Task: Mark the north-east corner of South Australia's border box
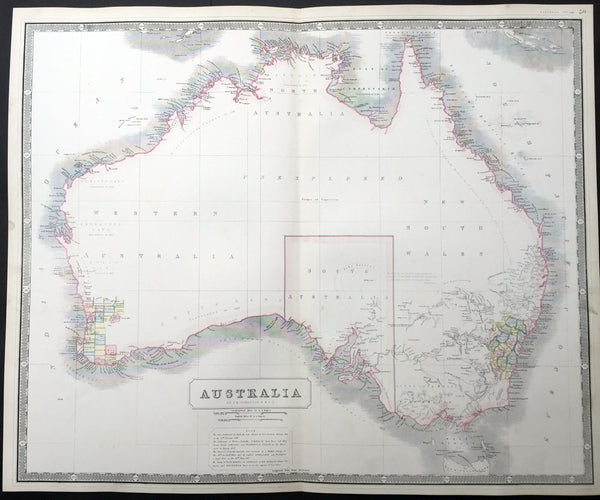pos(393,236)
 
